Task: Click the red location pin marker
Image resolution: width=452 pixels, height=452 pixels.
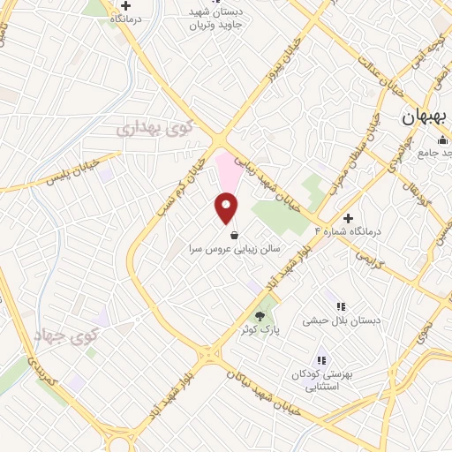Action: point(227,207)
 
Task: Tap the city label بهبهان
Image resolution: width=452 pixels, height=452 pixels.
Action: point(426,117)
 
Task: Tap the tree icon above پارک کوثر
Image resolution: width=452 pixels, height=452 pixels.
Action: point(259,316)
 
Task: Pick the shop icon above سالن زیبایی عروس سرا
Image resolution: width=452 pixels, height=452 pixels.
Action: point(233,236)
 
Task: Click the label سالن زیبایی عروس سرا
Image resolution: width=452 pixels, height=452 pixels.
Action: point(233,250)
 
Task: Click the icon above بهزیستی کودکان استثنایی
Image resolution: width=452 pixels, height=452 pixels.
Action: point(322,360)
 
